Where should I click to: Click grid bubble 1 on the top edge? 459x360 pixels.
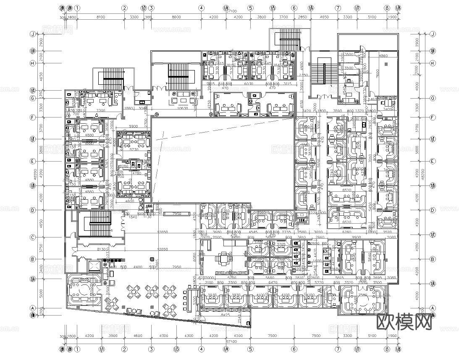77,8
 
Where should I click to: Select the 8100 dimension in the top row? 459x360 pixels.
100,17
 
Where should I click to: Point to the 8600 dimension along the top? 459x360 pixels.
176,17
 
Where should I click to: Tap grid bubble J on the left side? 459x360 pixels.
32,34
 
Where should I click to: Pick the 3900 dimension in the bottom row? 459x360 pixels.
113,336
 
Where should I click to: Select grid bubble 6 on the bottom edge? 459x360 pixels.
294,349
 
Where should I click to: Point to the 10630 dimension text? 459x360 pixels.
182,109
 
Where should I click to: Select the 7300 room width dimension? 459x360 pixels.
100,110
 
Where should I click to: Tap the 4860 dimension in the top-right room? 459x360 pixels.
384,55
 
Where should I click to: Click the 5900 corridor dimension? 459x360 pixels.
133,126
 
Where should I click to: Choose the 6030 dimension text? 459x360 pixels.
249,83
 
